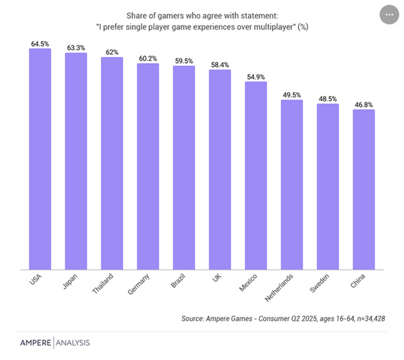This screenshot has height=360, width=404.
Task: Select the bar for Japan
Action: (x=76, y=160)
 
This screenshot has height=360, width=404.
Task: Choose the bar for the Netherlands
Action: (x=292, y=184)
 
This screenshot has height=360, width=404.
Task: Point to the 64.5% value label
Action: (x=40, y=44)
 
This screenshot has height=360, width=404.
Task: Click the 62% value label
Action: (x=112, y=52)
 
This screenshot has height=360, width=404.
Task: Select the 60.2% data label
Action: (x=148, y=58)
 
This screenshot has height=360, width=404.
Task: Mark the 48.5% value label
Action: (x=328, y=98)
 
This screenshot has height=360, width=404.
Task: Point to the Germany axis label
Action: (x=142, y=287)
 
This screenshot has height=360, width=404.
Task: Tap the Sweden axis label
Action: (x=324, y=286)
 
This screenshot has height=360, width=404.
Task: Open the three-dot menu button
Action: (x=388, y=14)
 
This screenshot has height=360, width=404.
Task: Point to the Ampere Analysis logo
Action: (x=54, y=343)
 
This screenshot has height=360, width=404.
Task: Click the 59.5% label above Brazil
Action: (x=184, y=61)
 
